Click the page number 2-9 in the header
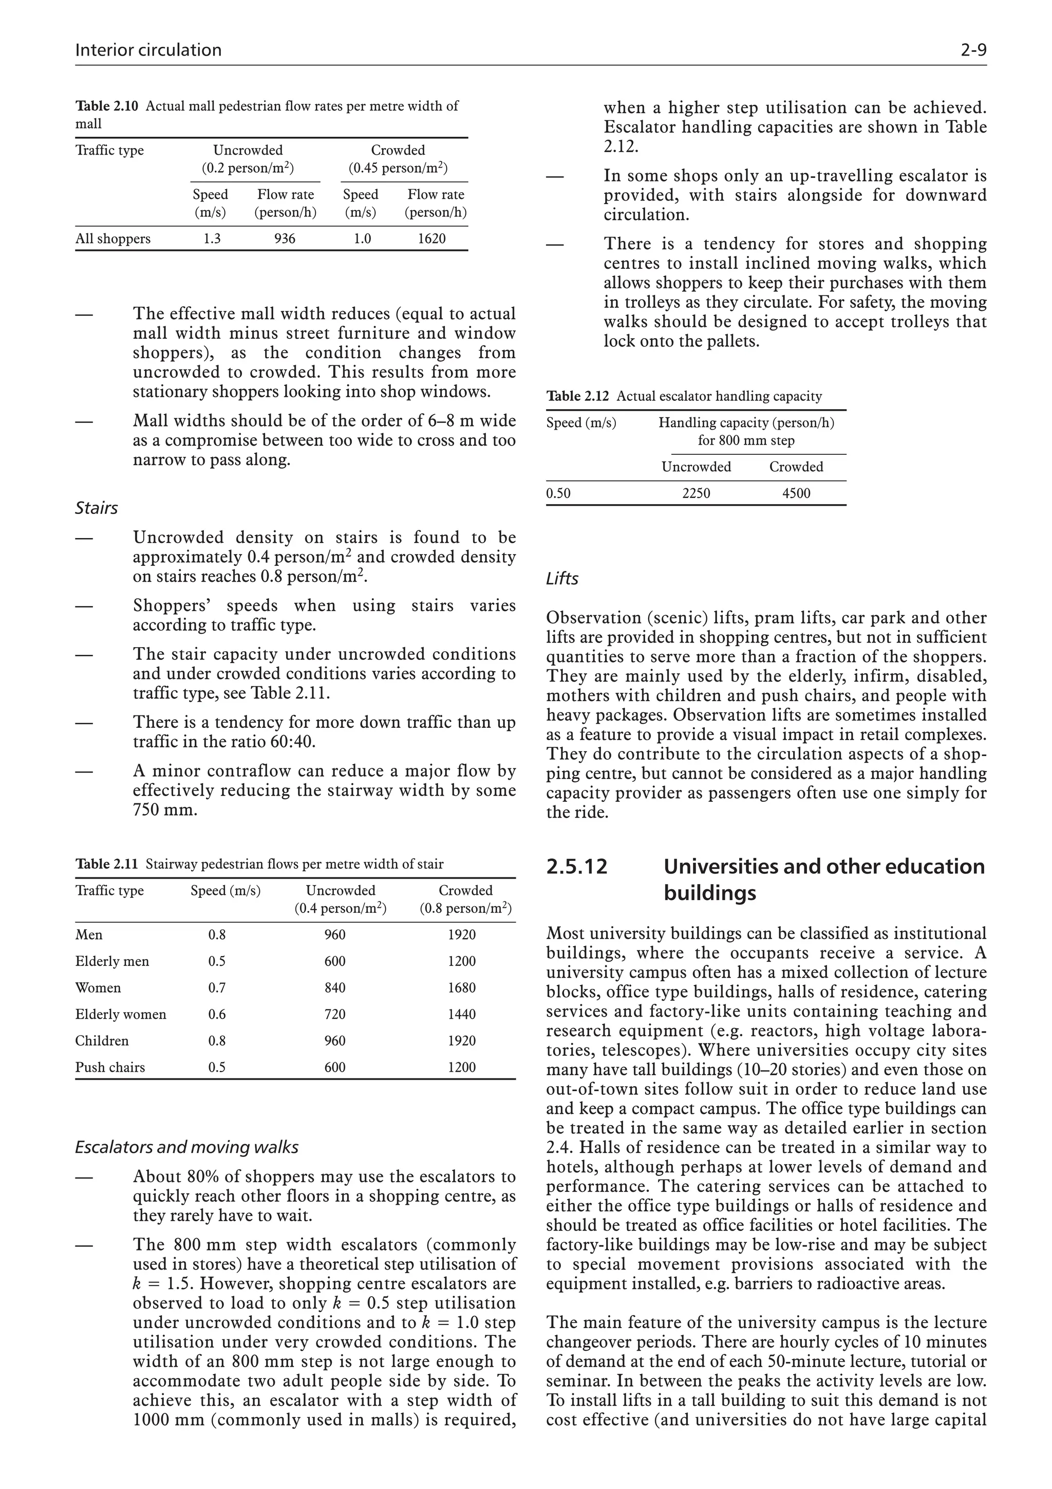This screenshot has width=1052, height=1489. tap(973, 50)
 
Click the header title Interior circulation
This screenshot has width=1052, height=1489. tap(148, 50)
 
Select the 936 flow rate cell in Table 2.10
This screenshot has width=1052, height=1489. tap(285, 238)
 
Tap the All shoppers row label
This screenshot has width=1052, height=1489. tap(113, 238)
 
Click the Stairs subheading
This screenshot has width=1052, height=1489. tap(97, 508)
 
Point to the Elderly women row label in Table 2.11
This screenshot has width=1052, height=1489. tap(121, 1014)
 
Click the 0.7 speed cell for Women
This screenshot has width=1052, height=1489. tap(216, 988)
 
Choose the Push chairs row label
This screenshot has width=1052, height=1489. tap(110, 1067)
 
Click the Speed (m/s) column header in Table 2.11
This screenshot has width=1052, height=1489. tap(225, 890)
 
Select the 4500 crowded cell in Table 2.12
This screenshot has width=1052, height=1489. tap(796, 493)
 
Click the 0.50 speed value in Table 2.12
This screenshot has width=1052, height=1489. tap(559, 493)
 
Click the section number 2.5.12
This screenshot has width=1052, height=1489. tap(577, 867)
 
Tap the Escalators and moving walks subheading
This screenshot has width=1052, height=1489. tap(186, 1147)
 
